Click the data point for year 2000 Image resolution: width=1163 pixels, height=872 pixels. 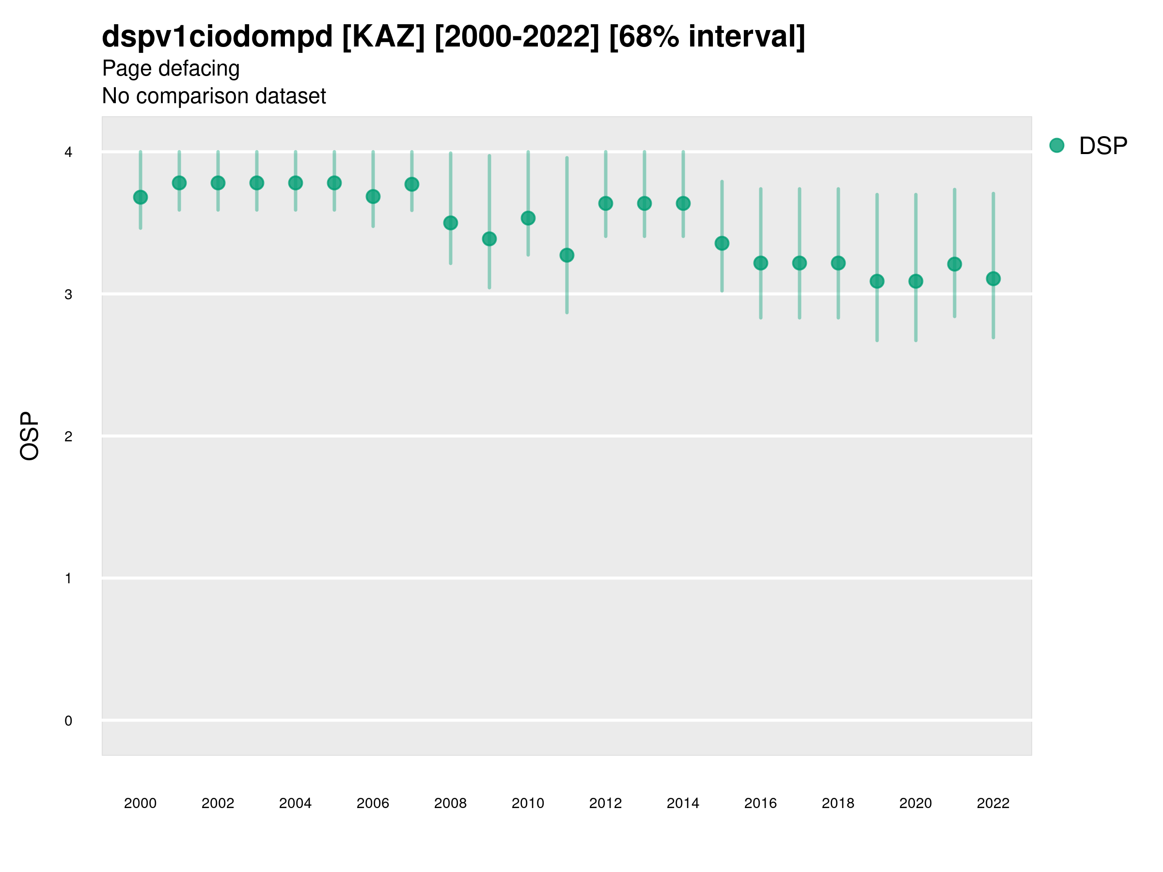(141, 197)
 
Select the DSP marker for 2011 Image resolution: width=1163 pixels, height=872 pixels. (567, 255)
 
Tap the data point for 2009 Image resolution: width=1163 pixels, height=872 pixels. (489, 239)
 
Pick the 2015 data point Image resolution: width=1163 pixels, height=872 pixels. (722, 243)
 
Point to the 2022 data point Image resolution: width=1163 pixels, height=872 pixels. (993, 279)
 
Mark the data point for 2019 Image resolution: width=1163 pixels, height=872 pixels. (877, 281)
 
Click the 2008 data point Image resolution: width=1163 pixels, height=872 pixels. (451, 223)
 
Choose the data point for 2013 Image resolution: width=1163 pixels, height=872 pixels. (644, 203)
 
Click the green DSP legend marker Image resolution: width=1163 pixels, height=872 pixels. (1057, 146)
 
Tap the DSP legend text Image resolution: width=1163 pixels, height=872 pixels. (1103, 146)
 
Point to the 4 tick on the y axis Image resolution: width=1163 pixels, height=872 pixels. (68, 153)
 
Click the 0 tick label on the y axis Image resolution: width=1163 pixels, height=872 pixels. (68, 721)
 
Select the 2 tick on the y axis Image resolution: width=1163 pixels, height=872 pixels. (68, 436)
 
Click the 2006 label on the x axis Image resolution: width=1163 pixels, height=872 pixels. (373, 803)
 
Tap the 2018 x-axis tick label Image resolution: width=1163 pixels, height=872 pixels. (838, 803)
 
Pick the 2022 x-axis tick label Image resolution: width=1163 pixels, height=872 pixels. (993, 803)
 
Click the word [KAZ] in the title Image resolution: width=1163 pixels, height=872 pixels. (383, 37)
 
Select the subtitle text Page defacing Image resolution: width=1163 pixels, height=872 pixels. (171, 68)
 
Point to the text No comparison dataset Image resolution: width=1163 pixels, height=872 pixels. (214, 96)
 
